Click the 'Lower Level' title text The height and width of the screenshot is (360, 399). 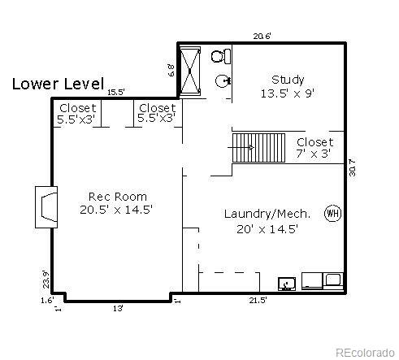pos(58,83)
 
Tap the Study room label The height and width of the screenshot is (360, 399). pos(288,80)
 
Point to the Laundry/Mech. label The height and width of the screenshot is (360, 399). pos(267,214)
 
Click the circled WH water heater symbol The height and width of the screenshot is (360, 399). pos(332,214)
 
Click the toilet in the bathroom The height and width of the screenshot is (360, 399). pos(220,56)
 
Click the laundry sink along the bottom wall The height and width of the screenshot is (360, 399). pos(286,284)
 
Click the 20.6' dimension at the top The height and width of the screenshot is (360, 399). pos(262,36)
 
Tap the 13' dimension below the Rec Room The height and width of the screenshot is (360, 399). pos(118,308)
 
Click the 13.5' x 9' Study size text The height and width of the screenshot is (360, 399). pos(288,93)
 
